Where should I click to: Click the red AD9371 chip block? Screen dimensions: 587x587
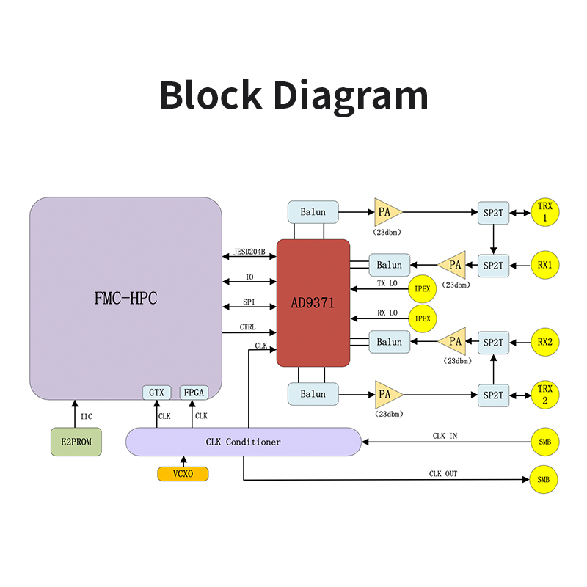(313, 302)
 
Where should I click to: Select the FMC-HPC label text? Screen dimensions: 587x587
(126, 299)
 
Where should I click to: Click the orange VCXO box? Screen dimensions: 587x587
(183, 474)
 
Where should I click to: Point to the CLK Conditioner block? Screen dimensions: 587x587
(243, 442)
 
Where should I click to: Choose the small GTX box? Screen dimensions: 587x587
(156, 393)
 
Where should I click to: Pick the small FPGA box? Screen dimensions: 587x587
(194, 393)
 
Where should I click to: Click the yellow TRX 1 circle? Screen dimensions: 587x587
(544, 213)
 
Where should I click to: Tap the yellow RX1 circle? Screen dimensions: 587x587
(544, 265)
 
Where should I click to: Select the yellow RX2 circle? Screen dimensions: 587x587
(544, 342)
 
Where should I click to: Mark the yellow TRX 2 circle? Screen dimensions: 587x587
(544, 395)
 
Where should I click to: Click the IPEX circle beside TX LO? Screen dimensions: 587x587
(423, 289)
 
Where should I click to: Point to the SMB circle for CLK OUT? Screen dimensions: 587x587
(544, 480)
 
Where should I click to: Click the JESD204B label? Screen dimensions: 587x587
(249, 252)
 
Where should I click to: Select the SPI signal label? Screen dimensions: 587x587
(249, 302)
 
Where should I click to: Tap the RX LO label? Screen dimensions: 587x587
(387, 313)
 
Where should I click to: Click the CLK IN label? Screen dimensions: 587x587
(445, 437)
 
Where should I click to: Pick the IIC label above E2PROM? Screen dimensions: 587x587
(86, 417)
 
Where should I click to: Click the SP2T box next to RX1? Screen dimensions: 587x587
(493, 265)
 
